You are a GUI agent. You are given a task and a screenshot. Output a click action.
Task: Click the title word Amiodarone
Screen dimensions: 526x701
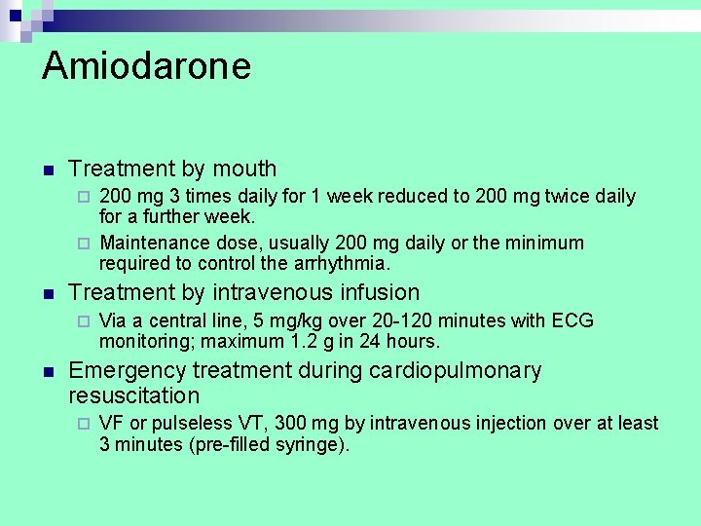[x=146, y=66]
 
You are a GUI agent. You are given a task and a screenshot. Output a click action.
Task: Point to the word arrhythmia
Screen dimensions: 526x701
[x=340, y=263]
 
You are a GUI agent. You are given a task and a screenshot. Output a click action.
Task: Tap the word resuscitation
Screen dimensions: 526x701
[x=133, y=395]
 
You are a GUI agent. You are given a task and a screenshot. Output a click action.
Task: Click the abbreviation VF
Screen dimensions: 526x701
[x=111, y=424]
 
